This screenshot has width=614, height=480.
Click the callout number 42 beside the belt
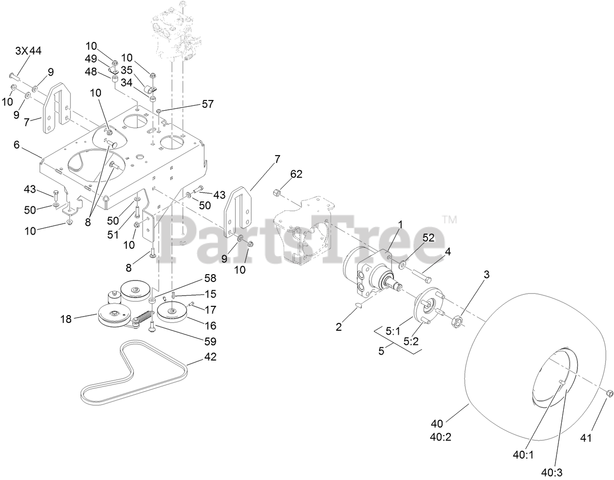(210, 357)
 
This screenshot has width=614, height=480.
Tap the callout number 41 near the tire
(586, 438)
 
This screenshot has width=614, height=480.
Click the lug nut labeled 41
(609, 393)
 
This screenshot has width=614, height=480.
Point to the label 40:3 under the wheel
(552, 472)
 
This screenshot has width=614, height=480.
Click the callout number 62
(296, 174)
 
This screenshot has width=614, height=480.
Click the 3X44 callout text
(29, 51)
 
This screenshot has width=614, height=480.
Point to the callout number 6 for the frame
(17, 145)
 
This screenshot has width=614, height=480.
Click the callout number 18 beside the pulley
(65, 320)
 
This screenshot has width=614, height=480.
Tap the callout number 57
(208, 104)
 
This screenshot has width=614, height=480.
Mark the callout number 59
(210, 342)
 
